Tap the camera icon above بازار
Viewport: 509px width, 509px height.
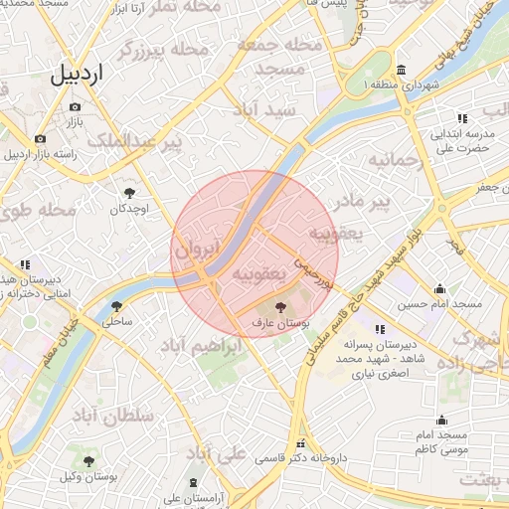pos(75,107)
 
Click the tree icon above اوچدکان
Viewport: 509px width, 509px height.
pos(129,192)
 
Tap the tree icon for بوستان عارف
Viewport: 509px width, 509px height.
pos(277,308)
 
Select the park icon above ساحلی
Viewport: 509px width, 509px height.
pos(116,306)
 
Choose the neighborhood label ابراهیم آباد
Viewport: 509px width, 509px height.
pos(201,345)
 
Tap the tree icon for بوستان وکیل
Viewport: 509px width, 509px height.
pos(88,461)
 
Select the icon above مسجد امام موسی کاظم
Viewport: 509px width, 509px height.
pos(442,420)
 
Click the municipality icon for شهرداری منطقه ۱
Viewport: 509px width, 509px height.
pos(400,70)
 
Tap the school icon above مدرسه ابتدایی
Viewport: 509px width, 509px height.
pos(462,118)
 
